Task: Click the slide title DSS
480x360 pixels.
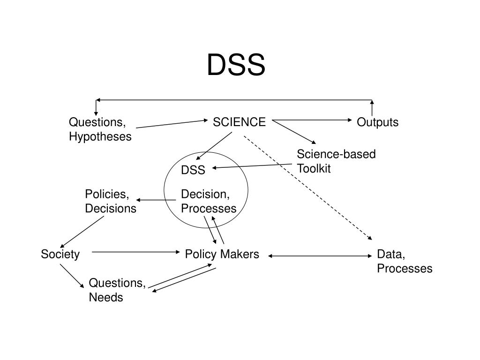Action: [x=236, y=65]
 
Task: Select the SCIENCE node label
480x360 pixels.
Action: [x=239, y=122]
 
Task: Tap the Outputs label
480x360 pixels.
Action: [x=377, y=122]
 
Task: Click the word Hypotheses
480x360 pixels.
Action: [x=100, y=137]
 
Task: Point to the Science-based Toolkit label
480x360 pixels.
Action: [x=336, y=162]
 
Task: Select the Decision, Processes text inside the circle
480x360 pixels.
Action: [x=209, y=202]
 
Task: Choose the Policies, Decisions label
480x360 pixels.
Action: [x=111, y=202]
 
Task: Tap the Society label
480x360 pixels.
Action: [x=60, y=255]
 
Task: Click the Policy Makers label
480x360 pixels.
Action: [x=222, y=255]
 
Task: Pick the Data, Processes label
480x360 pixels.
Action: [x=404, y=262]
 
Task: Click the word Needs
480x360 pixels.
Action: [x=106, y=298]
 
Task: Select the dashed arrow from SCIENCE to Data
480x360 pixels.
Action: [x=307, y=187]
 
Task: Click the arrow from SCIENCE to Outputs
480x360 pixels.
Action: [x=312, y=120]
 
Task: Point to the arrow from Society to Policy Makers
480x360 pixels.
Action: [x=136, y=252]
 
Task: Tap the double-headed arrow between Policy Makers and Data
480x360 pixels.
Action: [x=320, y=256]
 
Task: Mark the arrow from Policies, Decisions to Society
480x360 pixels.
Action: [x=82, y=231]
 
